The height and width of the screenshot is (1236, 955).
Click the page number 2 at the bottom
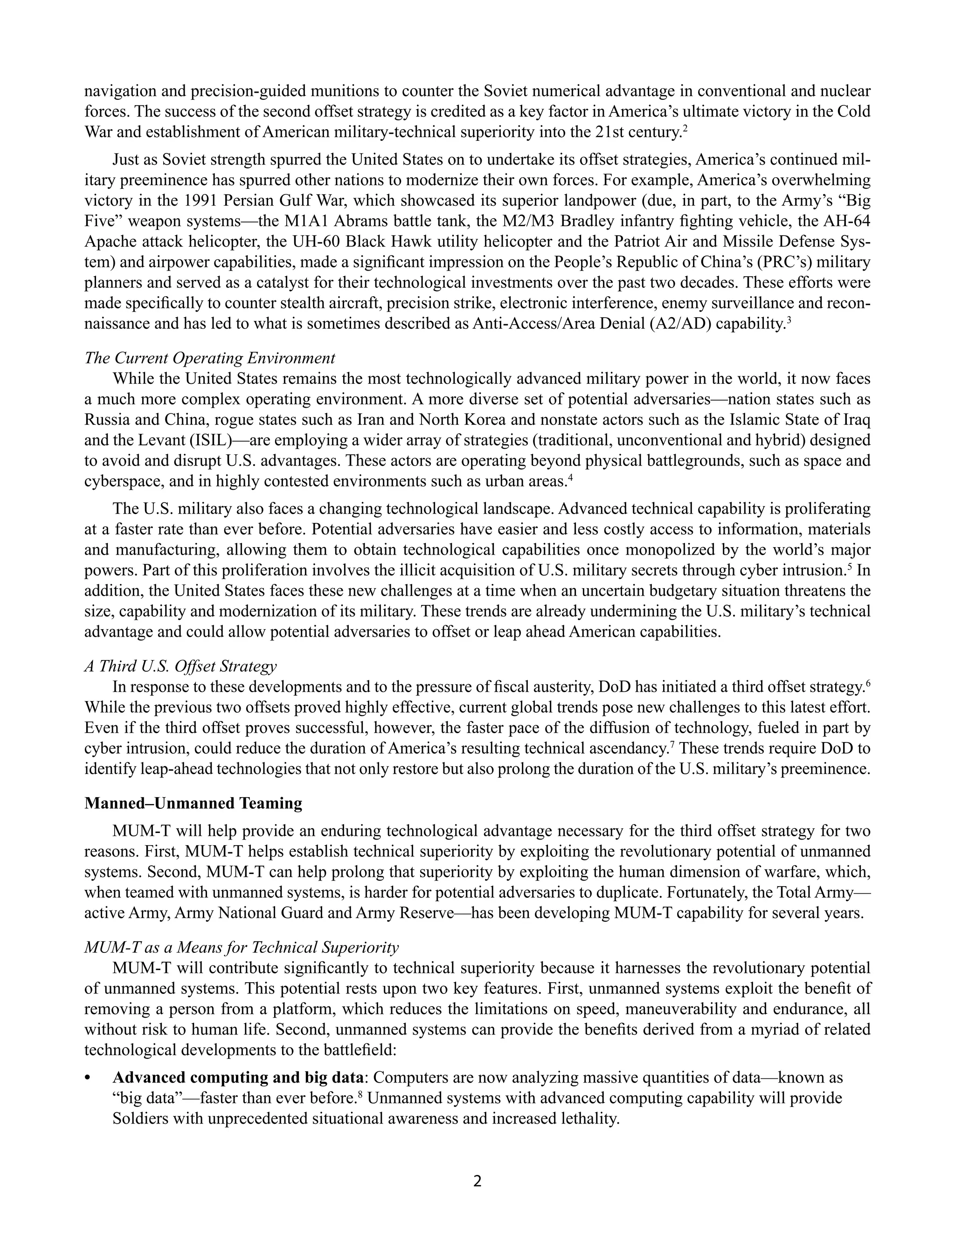pos(477,1180)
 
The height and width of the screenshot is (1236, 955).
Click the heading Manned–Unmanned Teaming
pos(193,803)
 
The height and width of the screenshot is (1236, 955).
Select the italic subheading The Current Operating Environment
pos(209,358)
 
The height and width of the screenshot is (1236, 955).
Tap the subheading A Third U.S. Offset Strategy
pos(180,666)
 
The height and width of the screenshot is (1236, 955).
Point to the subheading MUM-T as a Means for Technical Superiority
pos(241,947)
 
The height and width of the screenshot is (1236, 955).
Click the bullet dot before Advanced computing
pos(87,1079)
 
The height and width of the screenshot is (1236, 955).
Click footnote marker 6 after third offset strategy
pos(868,683)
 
